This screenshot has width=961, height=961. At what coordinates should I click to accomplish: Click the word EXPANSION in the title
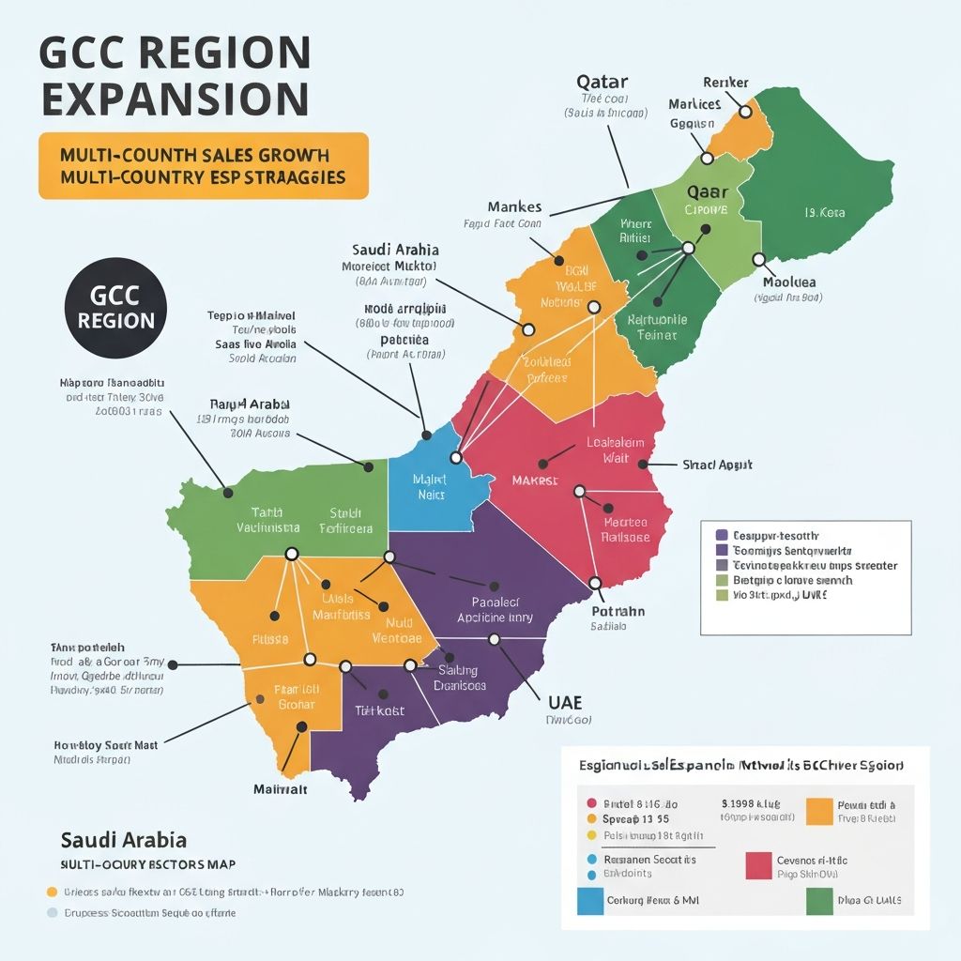tap(174, 99)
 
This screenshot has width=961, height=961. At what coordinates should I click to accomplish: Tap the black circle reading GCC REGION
tap(116, 306)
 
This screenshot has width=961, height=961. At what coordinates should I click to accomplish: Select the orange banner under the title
tap(204, 165)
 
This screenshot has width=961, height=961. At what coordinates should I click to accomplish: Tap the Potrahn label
tap(618, 611)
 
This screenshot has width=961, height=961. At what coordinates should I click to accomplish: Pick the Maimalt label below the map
tap(281, 789)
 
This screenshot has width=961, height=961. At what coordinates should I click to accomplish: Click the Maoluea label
tap(788, 282)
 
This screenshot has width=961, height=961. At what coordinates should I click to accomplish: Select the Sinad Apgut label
tap(717, 465)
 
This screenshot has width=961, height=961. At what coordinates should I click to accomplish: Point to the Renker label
tap(725, 83)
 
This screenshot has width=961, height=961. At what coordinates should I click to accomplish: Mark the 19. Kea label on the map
tap(824, 213)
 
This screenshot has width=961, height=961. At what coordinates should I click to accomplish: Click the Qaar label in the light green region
tap(708, 191)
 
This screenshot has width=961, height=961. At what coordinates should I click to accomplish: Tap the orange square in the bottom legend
tap(819, 811)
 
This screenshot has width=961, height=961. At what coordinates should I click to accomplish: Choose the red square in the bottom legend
tap(758, 865)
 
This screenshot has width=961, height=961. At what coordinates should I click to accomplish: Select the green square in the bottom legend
tap(819, 901)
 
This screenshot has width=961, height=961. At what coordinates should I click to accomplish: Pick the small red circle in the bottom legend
tap(591, 803)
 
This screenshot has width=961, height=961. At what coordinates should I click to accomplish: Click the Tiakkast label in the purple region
tap(379, 710)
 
